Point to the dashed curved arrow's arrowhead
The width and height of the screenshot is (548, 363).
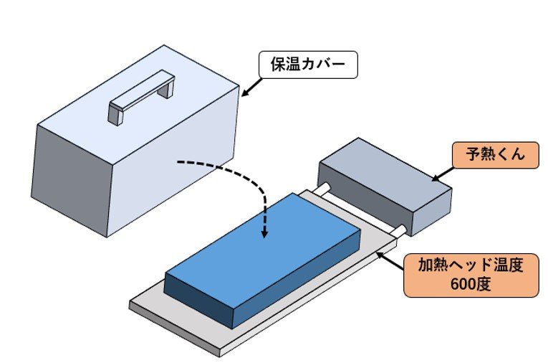click(264, 234)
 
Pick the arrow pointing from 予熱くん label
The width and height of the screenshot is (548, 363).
click(442, 173)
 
